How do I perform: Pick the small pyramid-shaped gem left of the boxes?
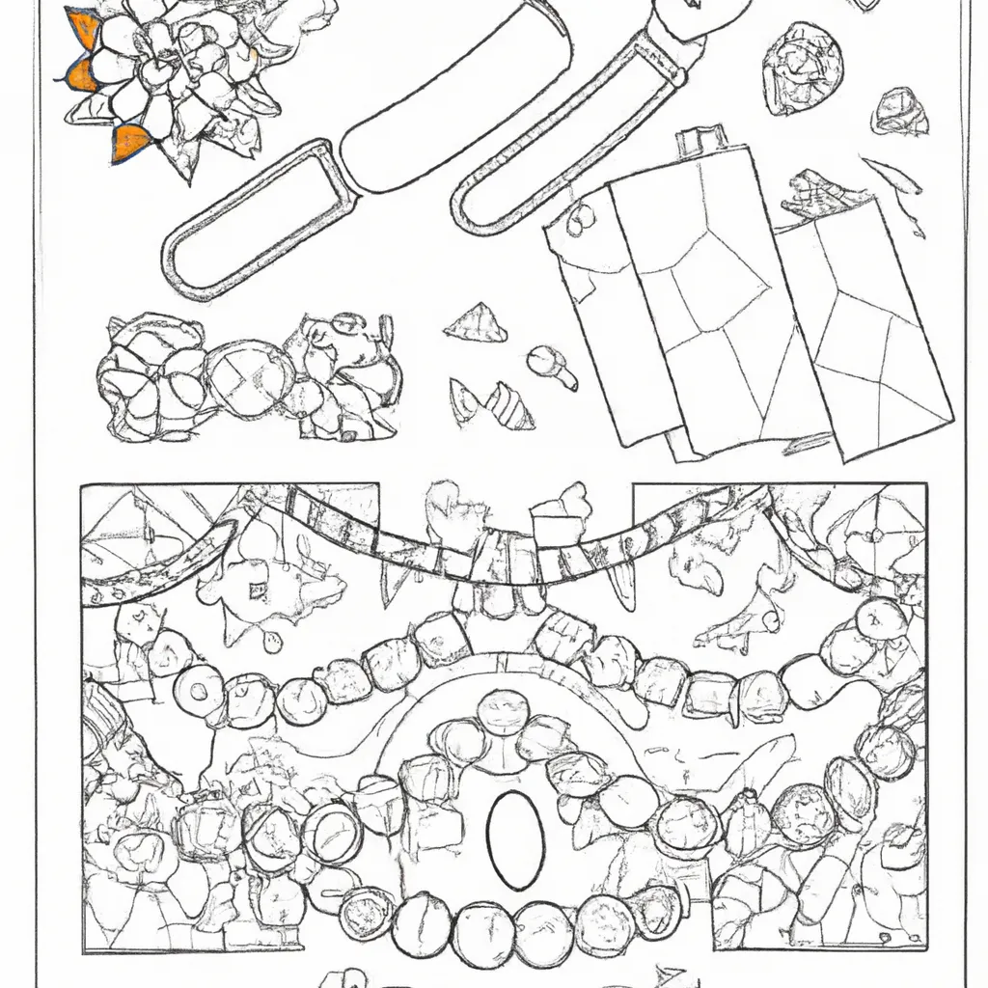(x=475, y=323)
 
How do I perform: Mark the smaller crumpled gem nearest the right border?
(x=898, y=113)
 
